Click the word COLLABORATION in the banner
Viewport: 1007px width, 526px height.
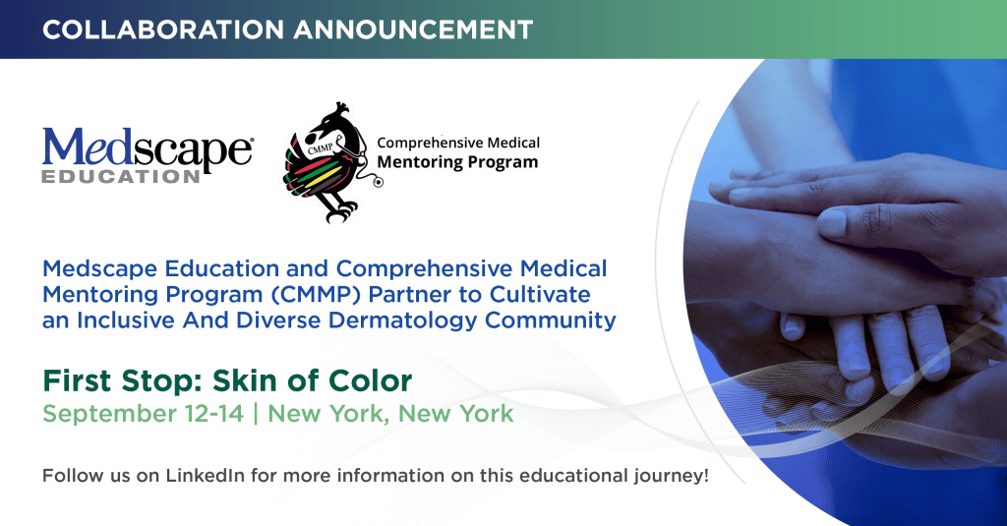[x=163, y=29]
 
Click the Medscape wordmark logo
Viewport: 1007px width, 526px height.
[x=148, y=152]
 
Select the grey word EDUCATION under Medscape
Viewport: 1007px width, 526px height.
[x=121, y=176]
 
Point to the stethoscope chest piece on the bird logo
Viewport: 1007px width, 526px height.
[x=378, y=183]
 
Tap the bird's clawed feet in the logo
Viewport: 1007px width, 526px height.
[x=340, y=210]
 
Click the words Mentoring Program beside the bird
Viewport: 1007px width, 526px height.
[x=457, y=162]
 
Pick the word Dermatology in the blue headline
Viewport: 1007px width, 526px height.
[x=402, y=320]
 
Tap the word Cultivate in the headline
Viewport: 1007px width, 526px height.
[x=540, y=294]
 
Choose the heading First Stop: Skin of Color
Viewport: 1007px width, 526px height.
[x=227, y=380]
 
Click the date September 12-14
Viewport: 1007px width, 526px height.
[x=144, y=414]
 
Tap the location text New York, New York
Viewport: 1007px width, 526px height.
[x=390, y=414]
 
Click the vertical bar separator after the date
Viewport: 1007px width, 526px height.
[x=256, y=414]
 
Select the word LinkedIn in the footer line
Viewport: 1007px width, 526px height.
[x=205, y=475]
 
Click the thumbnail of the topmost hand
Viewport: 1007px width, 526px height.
[x=833, y=223]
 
